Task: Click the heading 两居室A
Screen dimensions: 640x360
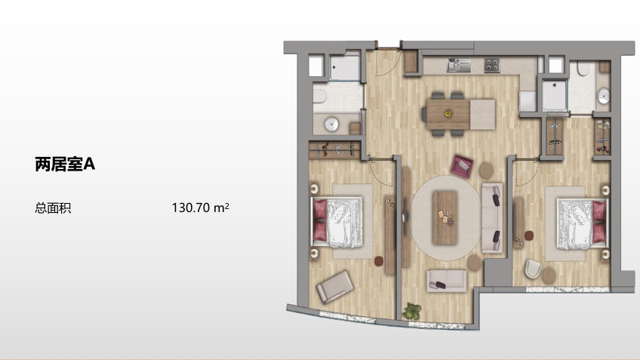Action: pos(65,164)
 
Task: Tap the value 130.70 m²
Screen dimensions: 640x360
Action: pos(201,208)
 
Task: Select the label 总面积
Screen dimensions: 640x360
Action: pos(53,208)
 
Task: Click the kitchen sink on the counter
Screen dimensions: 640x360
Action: pos(458,65)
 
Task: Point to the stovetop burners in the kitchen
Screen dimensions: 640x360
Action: pos(492,65)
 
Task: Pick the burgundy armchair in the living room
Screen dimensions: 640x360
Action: pos(462,166)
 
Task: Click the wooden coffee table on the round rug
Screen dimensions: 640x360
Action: pos(445,217)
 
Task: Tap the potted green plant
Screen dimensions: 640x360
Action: pos(412,311)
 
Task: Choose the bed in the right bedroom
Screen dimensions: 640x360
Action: pos(583,223)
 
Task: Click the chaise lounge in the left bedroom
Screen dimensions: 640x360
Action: pos(334,287)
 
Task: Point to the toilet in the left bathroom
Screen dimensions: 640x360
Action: pos(320,97)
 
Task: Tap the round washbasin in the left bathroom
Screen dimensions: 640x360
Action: pos(331,125)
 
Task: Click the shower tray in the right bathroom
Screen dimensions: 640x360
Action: pos(554,95)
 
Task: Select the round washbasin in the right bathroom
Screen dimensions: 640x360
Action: pos(604,97)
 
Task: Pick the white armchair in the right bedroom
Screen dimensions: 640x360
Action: pos(533,269)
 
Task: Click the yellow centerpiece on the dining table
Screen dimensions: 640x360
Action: pos(448,113)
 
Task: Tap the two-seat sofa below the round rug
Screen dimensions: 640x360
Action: pos(447,281)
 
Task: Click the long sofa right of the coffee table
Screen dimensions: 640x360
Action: pos(492,218)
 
